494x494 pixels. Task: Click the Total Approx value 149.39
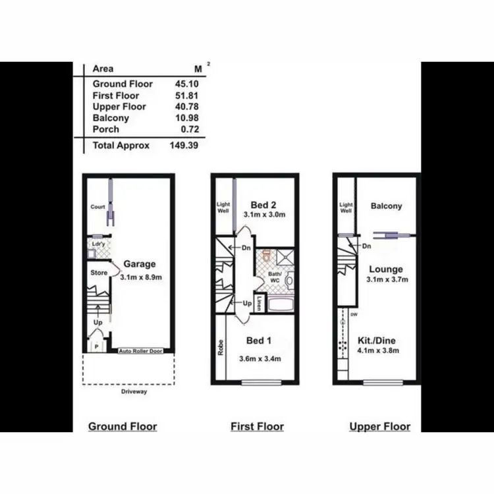(x=184, y=146)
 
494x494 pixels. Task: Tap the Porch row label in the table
(x=106, y=130)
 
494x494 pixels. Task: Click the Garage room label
(x=140, y=264)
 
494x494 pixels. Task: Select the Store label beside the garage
(x=99, y=271)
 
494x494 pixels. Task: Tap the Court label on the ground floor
(x=97, y=207)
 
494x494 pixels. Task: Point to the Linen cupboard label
(x=261, y=304)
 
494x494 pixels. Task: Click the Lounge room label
(x=385, y=269)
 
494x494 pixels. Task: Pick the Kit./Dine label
(x=385, y=341)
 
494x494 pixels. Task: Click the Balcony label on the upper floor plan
(x=386, y=206)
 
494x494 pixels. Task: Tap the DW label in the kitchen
(x=354, y=314)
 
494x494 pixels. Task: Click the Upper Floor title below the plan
(x=380, y=426)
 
